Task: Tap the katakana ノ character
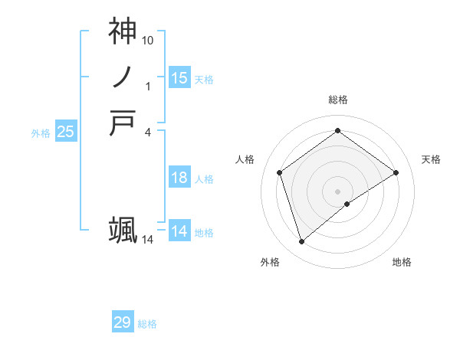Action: click(123, 77)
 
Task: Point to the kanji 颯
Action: click(123, 230)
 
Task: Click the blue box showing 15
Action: click(179, 78)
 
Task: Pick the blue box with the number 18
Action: click(179, 178)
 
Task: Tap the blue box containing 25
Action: click(66, 132)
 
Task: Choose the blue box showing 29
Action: click(123, 322)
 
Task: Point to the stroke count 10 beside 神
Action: click(148, 39)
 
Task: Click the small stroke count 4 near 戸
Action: click(148, 132)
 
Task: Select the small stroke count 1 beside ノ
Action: click(148, 86)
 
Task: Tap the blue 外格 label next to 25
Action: click(41, 133)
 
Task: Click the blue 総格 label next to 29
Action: click(147, 324)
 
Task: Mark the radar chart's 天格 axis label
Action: click(431, 159)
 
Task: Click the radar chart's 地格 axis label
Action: click(402, 263)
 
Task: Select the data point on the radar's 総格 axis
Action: click(337, 131)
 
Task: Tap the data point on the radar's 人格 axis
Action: click(280, 172)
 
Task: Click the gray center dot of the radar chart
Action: click(337, 191)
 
